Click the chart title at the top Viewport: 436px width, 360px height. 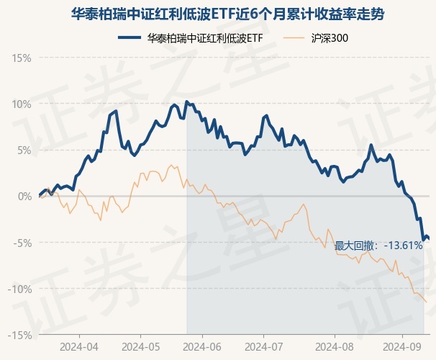pos(218,13)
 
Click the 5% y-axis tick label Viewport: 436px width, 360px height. pos(24,150)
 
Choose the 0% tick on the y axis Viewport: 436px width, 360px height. pos(24,196)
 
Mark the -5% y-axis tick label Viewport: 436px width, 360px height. pos(22,243)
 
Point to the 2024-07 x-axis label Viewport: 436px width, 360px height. pos(264,346)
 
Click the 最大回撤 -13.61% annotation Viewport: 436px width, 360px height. pos(378,246)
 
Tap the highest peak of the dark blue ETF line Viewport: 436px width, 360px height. pos(186,102)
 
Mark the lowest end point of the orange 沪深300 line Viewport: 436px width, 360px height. pos(427,302)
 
